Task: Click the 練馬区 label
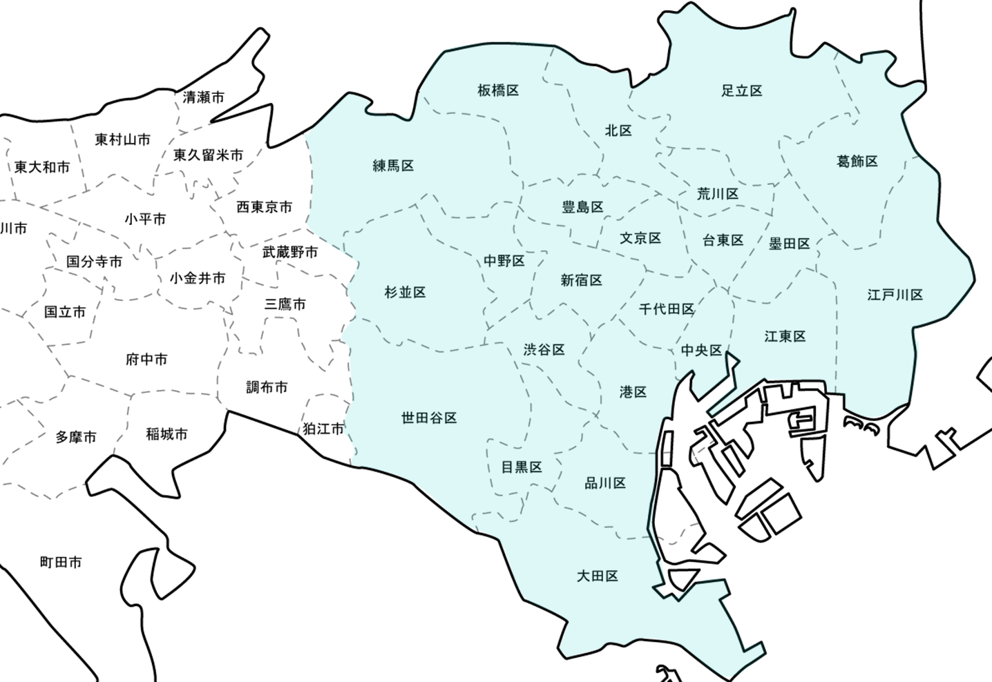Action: click(x=393, y=166)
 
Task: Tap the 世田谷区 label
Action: click(x=429, y=418)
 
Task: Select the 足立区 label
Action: click(x=742, y=90)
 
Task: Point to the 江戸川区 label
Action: click(x=895, y=295)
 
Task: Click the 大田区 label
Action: click(x=598, y=576)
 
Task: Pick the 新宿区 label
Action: click(x=582, y=280)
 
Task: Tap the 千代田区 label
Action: click(x=667, y=309)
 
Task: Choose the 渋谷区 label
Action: click(x=544, y=349)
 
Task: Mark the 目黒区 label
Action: click(x=522, y=467)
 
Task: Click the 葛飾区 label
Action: click(x=857, y=161)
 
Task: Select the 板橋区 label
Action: click(x=498, y=90)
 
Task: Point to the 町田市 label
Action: click(x=61, y=563)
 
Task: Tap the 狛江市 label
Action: click(x=323, y=429)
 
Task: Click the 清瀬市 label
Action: click(x=204, y=97)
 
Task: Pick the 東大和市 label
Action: click(x=42, y=167)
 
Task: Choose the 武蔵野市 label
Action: click(x=290, y=252)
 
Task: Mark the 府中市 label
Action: click(x=146, y=359)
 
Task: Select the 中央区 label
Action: click(x=702, y=350)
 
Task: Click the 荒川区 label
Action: click(x=718, y=194)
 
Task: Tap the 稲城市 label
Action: click(x=166, y=434)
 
